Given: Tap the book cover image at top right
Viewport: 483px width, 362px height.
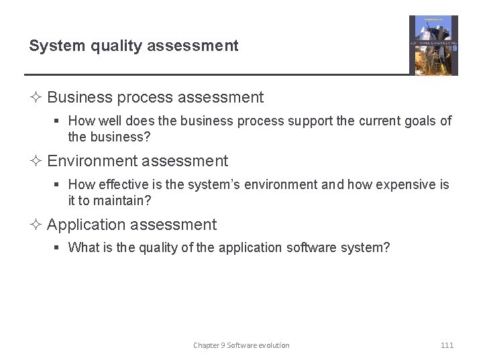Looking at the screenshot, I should pos(433,46).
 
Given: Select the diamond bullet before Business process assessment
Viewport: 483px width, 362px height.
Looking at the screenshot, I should pos(37,98).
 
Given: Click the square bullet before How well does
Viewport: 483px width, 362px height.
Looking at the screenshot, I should pos(58,121).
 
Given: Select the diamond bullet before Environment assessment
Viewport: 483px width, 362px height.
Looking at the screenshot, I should pos(37,162).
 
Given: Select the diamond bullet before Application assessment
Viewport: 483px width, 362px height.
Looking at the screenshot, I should pos(37,225).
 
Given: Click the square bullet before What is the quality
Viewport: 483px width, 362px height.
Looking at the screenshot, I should pos(58,248).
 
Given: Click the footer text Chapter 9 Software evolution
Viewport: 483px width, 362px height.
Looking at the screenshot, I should pos(241,345).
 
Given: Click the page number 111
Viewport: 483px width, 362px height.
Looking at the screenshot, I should pos(447,345).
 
